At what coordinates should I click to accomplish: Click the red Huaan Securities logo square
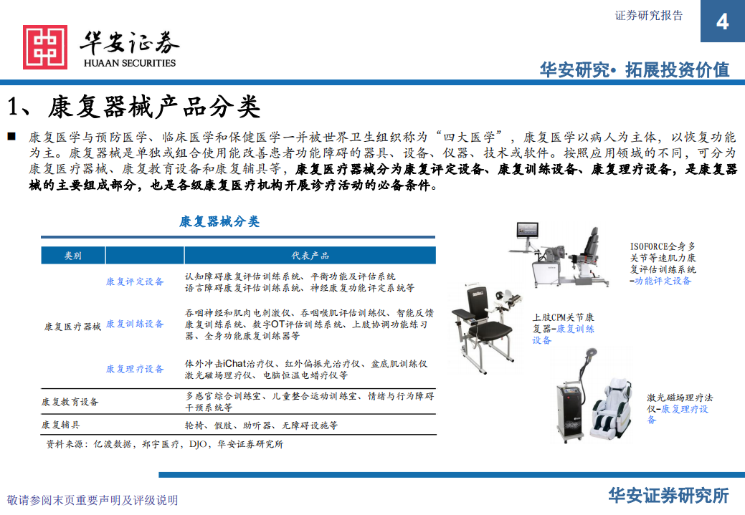(45, 47)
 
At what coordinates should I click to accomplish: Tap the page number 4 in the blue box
(722, 21)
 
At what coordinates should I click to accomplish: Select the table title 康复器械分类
(219, 222)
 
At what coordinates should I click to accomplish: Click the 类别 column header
(73, 256)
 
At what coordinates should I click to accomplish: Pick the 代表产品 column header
(310, 256)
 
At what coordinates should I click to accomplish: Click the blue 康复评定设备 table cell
(135, 281)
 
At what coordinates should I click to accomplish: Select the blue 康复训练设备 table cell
(135, 324)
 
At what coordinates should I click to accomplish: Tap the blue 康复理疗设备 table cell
(135, 369)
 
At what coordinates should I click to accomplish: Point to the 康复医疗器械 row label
(72, 327)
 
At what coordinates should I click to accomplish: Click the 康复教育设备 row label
(70, 402)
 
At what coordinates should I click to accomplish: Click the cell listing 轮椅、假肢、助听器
(261, 425)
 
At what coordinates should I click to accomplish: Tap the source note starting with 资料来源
(165, 444)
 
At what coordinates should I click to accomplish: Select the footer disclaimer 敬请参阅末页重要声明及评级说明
(92, 500)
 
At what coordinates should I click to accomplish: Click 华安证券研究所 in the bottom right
(668, 496)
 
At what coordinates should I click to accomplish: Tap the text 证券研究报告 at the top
(649, 15)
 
